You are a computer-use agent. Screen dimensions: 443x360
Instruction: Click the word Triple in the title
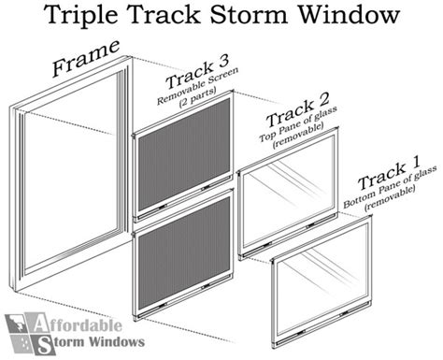(81, 16)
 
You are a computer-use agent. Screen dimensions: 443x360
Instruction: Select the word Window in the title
(349, 14)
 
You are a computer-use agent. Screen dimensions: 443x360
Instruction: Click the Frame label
(86, 58)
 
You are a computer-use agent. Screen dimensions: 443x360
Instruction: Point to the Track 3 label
(197, 74)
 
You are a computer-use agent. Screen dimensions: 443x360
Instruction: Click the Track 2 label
(297, 110)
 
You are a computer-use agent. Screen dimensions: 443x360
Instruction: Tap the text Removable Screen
(197, 85)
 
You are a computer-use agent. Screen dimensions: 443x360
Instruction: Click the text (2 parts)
(197, 97)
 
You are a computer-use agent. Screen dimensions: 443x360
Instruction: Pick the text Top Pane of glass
(298, 124)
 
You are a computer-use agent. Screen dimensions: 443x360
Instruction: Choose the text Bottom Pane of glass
(390, 187)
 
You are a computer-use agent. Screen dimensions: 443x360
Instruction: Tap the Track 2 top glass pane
(288, 191)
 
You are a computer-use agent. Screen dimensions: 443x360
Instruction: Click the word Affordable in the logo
(77, 324)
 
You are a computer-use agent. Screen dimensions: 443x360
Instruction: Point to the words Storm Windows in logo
(93, 343)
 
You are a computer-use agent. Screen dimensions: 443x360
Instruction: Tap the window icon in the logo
(21, 334)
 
